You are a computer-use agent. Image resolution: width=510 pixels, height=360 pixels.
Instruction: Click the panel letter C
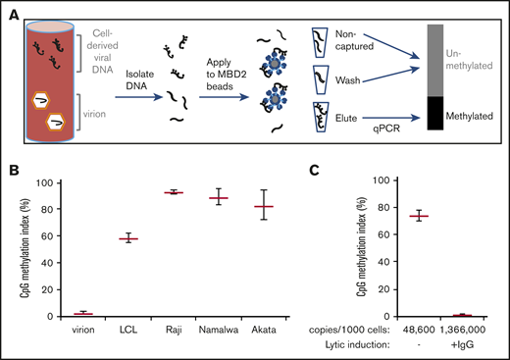[x=316, y=171]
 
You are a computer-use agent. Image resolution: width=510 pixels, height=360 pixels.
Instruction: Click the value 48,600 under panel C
[x=420, y=329]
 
